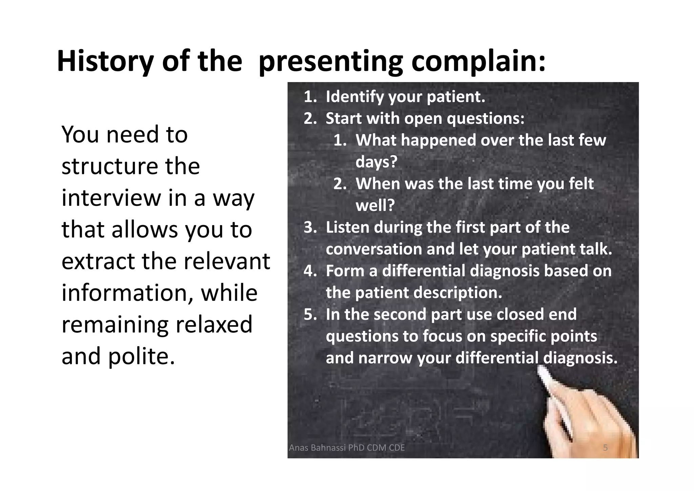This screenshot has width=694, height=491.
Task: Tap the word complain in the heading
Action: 478,61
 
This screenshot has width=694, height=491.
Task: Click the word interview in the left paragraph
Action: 111,198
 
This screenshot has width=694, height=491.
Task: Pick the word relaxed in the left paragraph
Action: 214,325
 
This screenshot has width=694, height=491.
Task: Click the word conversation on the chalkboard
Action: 374,249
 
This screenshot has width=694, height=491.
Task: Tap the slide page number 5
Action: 605,448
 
